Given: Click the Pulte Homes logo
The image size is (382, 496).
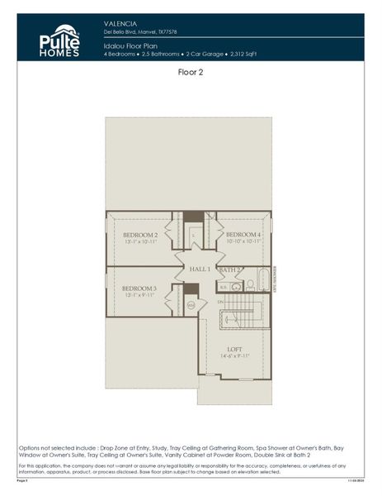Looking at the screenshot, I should pyautogui.click(x=59, y=40).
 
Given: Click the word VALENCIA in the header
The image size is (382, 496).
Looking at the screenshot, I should pyautogui.click(x=120, y=24).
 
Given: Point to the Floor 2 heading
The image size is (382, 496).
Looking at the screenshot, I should pyautogui.click(x=191, y=73).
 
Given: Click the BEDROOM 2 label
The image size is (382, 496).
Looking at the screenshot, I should pyautogui.click(x=134, y=235).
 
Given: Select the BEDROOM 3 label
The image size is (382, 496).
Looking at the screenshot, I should pyautogui.click(x=134, y=289).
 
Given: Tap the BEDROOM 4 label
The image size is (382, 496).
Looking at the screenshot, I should pyautogui.click(x=243, y=235).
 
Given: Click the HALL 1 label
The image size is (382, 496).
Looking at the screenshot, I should pyautogui.click(x=200, y=269).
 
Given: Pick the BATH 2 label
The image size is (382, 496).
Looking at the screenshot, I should pyautogui.click(x=230, y=269).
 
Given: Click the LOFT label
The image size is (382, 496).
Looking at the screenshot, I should pyautogui.click(x=234, y=348).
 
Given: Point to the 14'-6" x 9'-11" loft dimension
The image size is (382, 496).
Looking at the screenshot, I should pyautogui.click(x=234, y=356).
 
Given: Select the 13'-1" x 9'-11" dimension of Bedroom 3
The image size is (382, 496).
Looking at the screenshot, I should pyautogui.click(x=134, y=296).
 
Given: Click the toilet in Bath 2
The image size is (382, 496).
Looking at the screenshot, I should pyautogui.click(x=249, y=284).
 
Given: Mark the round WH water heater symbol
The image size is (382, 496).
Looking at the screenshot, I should pyautogui.click(x=191, y=305).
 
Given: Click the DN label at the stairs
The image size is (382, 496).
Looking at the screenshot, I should pyautogui.click(x=220, y=303).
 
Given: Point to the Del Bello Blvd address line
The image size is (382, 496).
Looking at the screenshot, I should pyautogui.click(x=140, y=32).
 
